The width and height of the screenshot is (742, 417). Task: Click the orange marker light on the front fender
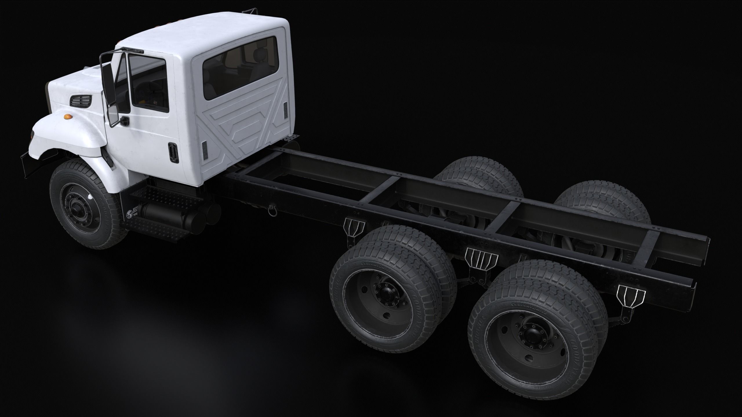(x=67, y=116)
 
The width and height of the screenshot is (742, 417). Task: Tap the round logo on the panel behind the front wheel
(x=129, y=215)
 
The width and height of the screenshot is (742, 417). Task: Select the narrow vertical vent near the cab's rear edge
(x=285, y=110)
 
